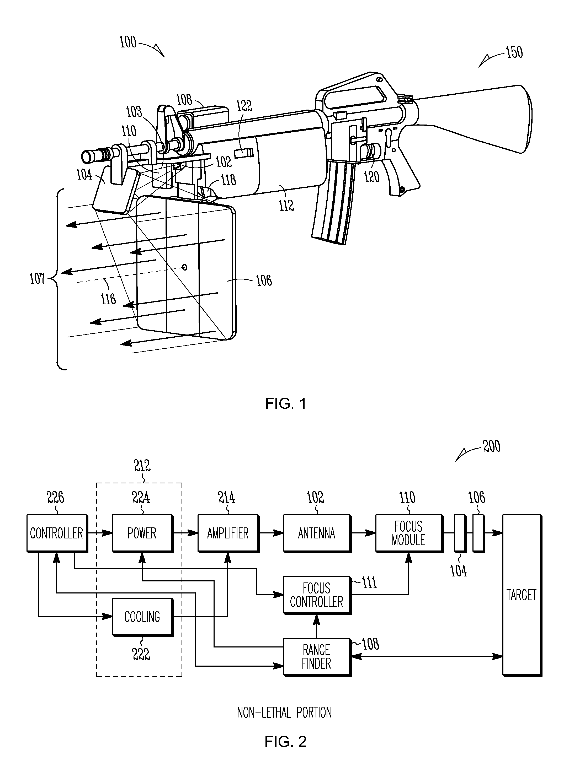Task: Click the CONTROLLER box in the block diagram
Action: click(57, 533)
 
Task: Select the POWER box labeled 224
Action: click(142, 533)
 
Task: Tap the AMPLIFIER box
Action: click(228, 533)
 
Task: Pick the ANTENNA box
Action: click(316, 533)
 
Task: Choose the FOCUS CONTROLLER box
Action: click(316, 595)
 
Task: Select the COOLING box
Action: click(142, 617)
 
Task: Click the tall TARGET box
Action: click(522, 595)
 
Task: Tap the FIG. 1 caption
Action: click(286, 403)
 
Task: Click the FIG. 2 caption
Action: click(285, 741)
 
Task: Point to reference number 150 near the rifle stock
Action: click(514, 52)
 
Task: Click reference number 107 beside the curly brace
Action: click(37, 279)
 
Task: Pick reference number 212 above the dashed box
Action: click(142, 465)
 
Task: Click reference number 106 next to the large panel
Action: click(264, 280)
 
